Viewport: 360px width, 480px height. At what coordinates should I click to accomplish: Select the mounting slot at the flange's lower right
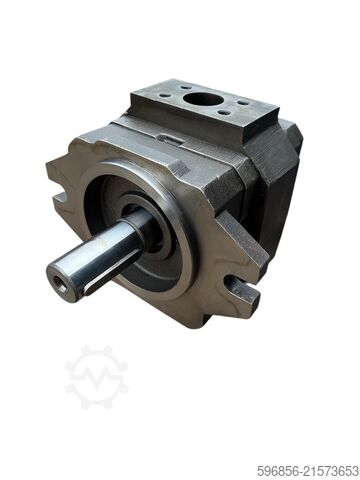[x=240, y=292]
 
